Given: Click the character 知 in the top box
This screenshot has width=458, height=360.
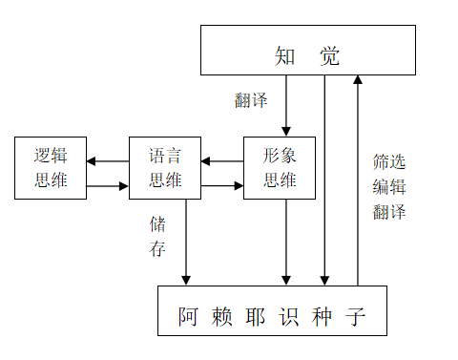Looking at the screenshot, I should tap(284, 56).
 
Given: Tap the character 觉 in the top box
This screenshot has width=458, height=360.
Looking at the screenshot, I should tap(329, 56).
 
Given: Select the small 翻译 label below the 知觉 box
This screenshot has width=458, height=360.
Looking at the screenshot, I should tap(251, 99).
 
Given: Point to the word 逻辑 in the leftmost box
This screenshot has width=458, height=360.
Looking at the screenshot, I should tap(51, 157).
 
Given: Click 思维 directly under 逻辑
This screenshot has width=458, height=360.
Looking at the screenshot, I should tap(51, 180).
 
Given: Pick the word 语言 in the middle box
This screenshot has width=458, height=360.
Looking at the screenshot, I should tap(165, 157).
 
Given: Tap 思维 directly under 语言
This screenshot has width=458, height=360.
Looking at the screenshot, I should tap(165, 180).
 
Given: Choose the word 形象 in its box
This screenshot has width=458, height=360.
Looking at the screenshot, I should tap(280, 157).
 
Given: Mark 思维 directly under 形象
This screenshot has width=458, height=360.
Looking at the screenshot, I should tap(280, 180).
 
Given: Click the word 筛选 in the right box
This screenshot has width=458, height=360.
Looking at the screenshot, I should tap(389, 161).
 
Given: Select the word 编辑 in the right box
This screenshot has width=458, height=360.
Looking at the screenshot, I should tap(389, 186).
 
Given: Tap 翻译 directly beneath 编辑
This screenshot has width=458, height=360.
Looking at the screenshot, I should tap(389, 211).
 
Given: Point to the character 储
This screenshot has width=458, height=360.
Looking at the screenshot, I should tap(157, 224).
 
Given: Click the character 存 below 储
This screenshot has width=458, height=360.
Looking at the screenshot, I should tap(157, 249).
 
